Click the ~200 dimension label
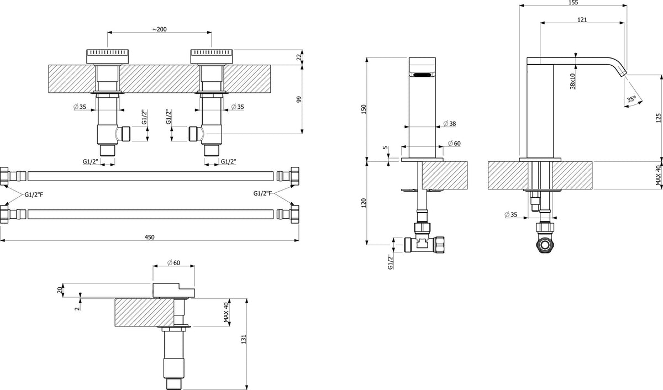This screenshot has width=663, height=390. (160, 29)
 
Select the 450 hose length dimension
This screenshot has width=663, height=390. (150, 237)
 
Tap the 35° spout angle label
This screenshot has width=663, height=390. (631, 99)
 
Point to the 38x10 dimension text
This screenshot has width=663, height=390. (572, 81)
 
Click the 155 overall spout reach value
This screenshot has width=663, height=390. (573, 3)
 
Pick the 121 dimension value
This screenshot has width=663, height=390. (582, 19)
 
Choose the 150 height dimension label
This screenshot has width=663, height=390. (364, 109)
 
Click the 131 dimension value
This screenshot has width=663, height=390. (244, 339)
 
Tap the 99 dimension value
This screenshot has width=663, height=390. (298, 99)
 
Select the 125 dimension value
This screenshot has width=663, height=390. (658, 118)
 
